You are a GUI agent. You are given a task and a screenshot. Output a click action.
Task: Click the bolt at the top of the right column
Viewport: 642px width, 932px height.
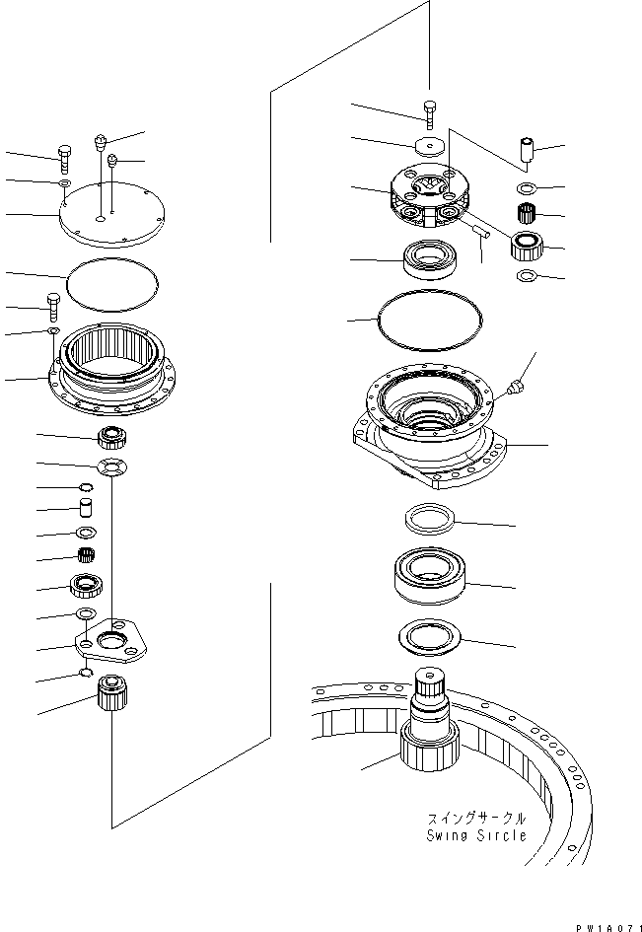[429, 112]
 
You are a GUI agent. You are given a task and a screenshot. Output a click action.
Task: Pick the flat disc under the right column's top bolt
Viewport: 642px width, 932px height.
[429, 147]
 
